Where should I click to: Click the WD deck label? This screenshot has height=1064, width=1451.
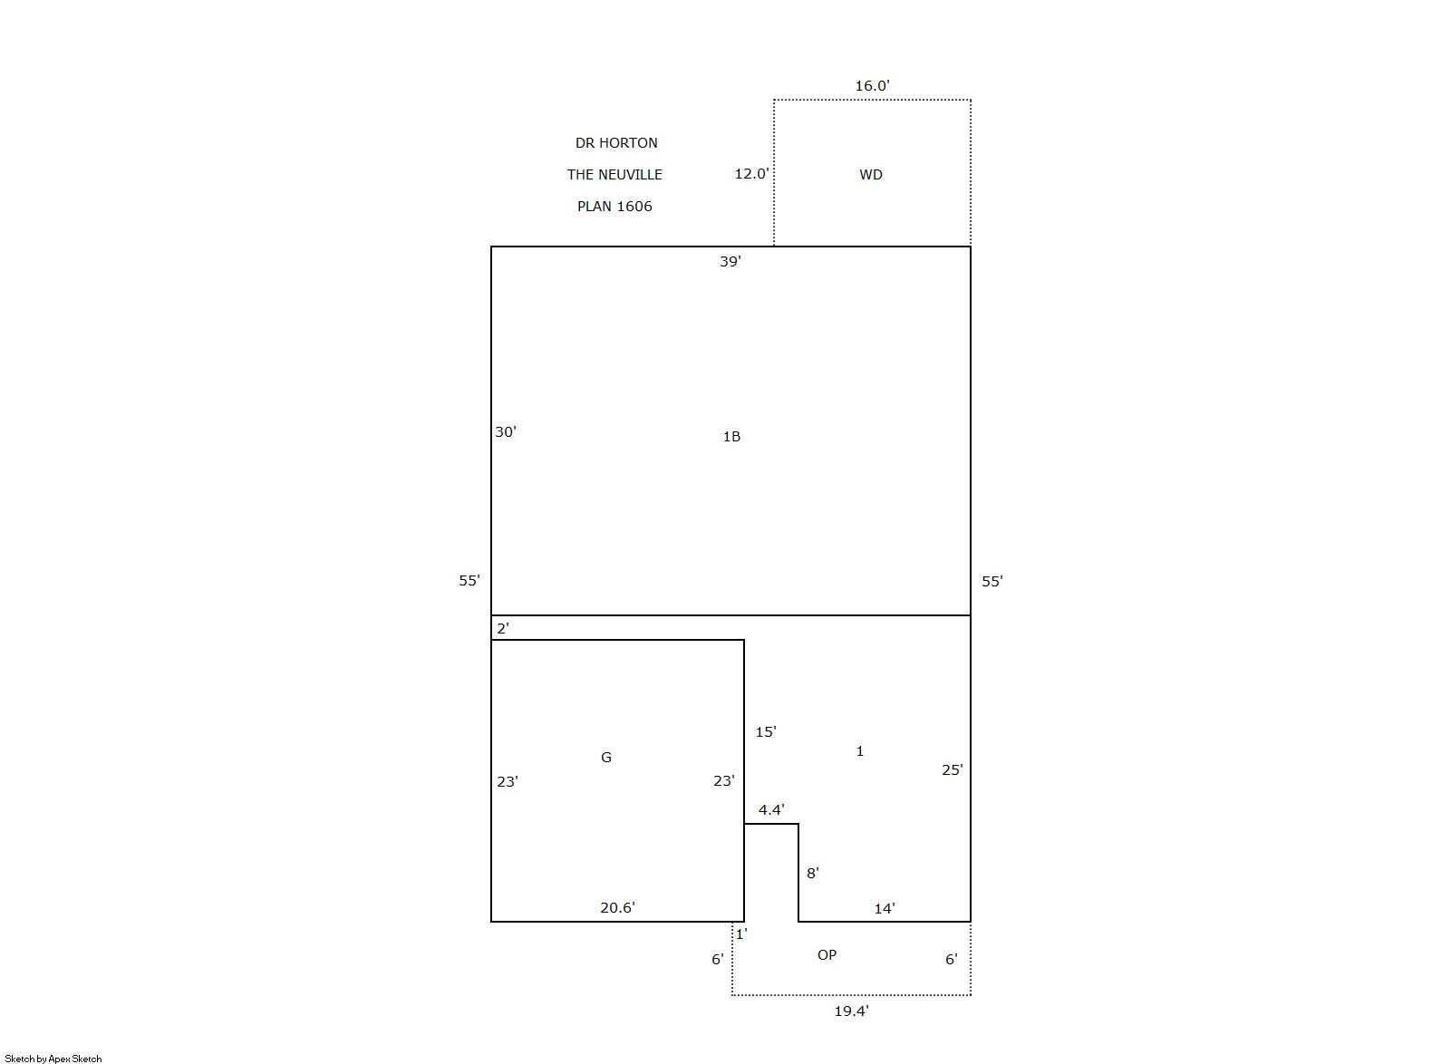pos(871,174)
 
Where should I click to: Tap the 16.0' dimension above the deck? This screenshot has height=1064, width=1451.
pos(872,85)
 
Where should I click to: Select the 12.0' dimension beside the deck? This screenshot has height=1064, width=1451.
pos(751,173)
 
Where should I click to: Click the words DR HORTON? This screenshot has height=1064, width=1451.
pos(616,142)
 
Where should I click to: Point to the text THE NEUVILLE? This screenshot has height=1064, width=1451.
pos(614,174)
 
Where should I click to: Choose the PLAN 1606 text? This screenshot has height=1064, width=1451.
pos(614,206)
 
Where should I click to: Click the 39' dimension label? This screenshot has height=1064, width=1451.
pos(730,261)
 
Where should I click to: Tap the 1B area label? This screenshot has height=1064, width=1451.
pos(731,437)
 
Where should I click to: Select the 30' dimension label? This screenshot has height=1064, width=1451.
pos(505,431)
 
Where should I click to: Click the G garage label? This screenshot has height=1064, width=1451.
pos(606,757)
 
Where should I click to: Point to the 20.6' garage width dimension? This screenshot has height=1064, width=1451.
pos(617,907)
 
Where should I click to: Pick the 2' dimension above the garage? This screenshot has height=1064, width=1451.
pos(503,627)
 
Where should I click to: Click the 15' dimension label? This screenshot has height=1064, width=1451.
pos(766,731)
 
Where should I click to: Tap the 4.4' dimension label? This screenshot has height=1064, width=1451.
pos(771,809)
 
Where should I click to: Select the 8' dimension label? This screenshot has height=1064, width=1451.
pos(812,873)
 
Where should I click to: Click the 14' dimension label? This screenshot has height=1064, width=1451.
pos(885,909)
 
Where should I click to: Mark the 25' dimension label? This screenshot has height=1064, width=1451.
pos(953,769)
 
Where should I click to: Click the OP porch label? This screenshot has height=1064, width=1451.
pos(827,954)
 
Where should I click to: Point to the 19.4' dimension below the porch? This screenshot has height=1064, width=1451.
pos(851,1011)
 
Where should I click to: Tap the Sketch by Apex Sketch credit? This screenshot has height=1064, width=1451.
pos(53,1059)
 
